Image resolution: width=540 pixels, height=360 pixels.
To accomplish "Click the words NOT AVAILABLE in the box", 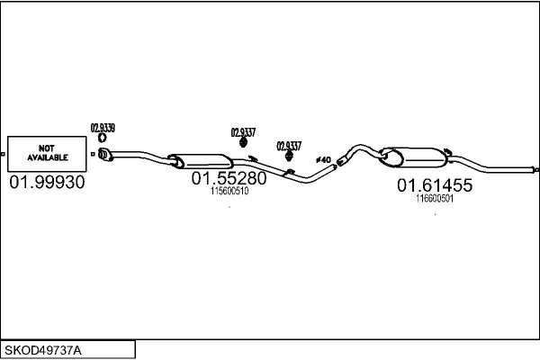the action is pyautogui.click(x=47, y=153).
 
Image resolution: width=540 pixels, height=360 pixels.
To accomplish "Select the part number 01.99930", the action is pyautogui.click(x=47, y=182).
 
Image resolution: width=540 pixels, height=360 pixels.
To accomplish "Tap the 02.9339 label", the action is pyautogui.click(x=103, y=128).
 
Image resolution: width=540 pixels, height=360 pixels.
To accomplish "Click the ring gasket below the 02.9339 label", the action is pyautogui.click(x=103, y=138).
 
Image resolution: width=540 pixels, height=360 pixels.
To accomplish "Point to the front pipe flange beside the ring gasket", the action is pyautogui.click(x=105, y=154).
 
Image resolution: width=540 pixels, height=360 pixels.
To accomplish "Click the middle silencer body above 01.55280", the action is pyautogui.click(x=201, y=162).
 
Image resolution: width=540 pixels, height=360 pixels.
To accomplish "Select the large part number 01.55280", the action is pyautogui.click(x=229, y=178).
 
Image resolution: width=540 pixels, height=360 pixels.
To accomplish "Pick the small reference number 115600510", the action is pyautogui.click(x=229, y=191).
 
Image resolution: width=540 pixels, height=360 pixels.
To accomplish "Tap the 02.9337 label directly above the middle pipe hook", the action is pyautogui.click(x=243, y=132).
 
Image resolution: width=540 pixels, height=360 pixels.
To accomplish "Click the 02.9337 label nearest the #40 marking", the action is pyautogui.click(x=289, y=146).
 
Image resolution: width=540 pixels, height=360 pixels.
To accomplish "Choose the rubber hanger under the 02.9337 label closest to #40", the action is pyautogui.click(x=289, y=156).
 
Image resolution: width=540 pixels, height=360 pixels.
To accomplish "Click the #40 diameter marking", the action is pyautogui.click(x=323, y=160).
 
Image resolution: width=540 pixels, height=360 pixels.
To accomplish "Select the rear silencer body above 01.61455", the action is pyautogui.click(x=414, y=157).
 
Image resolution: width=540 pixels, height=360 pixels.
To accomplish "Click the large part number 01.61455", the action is pyautogui.click(x=435, y=185).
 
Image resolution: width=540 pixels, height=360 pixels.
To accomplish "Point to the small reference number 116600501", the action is pyautogui.click(x=435, y=199).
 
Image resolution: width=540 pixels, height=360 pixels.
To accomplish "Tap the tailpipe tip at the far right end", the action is pyautogui.click(x=535, y=169).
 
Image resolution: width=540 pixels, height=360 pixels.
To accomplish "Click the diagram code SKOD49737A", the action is pyautogui.click(x=43, y=351).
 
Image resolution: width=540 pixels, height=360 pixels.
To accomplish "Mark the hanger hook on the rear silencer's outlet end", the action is pyautogui.click(x=447, y=151).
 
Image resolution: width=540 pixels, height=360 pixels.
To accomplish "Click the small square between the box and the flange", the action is pyautogui.click(x=93, y=154).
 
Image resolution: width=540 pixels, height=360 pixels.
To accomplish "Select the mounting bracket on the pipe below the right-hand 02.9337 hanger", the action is pyautogui.click(x=289, y=172).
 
